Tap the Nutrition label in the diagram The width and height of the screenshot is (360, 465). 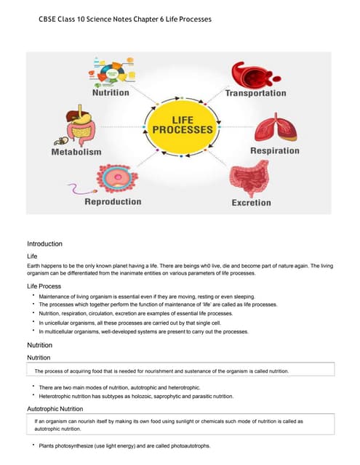click(111, 93)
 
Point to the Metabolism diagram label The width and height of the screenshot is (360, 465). click(76, 152)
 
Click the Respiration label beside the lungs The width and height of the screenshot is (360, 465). click(274, 151)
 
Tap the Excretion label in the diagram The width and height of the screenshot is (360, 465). click(251, 203)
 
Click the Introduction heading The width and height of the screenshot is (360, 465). click(44, 243)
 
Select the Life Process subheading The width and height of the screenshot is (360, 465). click(44, 287)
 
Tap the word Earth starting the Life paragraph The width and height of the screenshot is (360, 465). click(34, 267)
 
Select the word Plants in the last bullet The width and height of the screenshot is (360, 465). click(47, 445)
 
